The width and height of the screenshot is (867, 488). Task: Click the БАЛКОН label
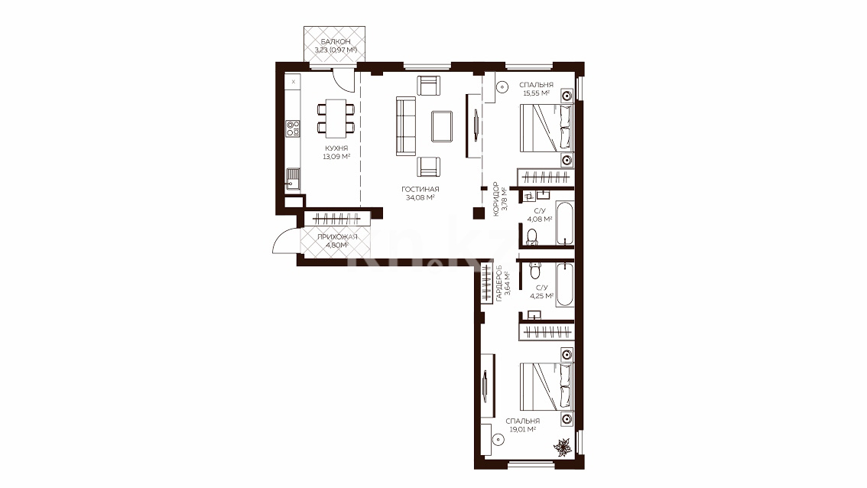point(335,41)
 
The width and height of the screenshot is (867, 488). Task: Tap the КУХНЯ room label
point(336,148)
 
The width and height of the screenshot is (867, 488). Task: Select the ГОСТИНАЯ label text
point(421,189)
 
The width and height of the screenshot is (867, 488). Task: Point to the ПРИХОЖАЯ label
point(337,237)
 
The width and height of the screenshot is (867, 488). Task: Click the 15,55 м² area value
point(536,93)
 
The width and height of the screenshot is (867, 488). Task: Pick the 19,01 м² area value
point(522,429)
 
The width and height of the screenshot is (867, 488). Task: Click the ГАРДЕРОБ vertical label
point(499,283)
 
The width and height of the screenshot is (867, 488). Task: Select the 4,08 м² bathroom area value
point(540,219)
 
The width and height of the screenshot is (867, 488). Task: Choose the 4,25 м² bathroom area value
point(542,296)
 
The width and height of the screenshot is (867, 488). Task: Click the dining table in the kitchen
point(336,119)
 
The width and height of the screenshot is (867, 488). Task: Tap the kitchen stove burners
point(293,129)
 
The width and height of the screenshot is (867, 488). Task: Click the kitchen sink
point(293,179)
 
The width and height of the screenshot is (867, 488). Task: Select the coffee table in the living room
point(442,126)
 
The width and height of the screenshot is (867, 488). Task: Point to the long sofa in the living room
point(406,126)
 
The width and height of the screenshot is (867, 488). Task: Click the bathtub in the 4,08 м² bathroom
point(565,223)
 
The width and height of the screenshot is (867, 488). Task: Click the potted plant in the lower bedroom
point(563,447)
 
